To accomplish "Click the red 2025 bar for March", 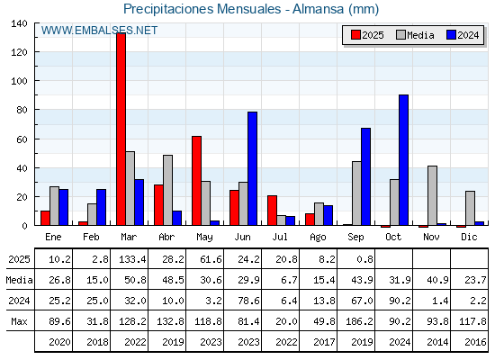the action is point(121,129).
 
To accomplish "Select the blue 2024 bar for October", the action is point(404,160).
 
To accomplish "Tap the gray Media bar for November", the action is point(432,196).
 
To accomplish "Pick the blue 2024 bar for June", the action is point(252,168).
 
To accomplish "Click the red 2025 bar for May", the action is point(197,181).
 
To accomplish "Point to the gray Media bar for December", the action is point(470,208).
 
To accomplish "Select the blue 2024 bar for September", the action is point(365,176).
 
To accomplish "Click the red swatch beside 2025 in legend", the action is point(355,35).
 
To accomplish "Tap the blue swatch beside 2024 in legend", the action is point(451,35).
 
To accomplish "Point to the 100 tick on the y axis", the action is point(20,81).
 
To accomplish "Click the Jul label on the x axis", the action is point(280,237).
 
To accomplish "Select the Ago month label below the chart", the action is point(318,238).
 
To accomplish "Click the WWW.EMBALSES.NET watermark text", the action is point(99,31).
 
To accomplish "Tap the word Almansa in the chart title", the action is point(319,9).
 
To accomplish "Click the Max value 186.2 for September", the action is point(359,321).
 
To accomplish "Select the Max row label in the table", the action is point(19,321).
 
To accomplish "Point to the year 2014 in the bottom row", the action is point(437,342).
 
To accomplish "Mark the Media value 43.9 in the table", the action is point(362,280).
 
